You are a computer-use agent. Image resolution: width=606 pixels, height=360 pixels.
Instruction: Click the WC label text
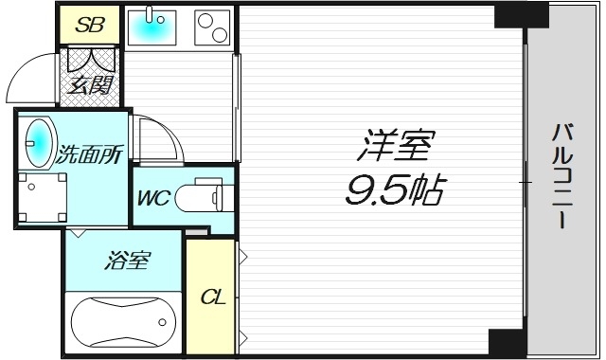pyautogui.click(x=152, y=199)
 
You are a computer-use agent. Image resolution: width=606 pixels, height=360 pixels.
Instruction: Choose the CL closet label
pyautogui.click(x=212, y=297)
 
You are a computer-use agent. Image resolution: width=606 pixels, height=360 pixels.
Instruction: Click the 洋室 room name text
pyautogui.click(x=394, y=148)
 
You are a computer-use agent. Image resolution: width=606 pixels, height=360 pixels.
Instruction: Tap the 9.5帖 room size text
pyautogui.click(x=393, y=192)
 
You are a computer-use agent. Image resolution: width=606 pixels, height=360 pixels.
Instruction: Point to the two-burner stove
pyautogui.click(x=212, y=27)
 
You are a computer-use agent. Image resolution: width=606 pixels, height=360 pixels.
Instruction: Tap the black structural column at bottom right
pyautogui.click(x=506, y=342)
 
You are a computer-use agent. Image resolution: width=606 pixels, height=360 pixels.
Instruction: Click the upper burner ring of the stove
pyautogui.click(x=207, y=18)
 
